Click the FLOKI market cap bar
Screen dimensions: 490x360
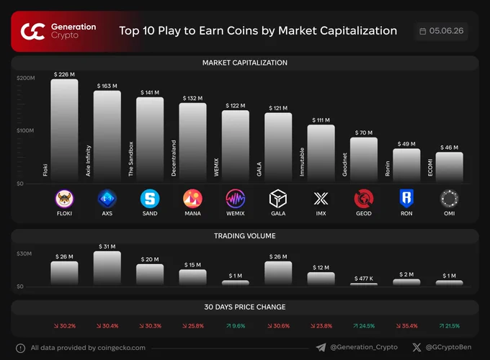(64, 130)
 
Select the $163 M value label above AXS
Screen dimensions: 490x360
(107, 86)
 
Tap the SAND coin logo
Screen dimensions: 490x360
(150, 199)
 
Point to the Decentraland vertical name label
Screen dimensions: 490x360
(174, 158)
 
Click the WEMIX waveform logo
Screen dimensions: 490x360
(236, 199)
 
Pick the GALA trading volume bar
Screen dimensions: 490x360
(278, 273)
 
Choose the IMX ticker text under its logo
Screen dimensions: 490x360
(321, 214)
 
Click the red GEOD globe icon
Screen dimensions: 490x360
(364, 199)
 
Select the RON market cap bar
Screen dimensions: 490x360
(406, 165)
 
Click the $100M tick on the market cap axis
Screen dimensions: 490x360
(25, 130)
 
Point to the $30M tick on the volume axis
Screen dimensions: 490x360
(24, 253)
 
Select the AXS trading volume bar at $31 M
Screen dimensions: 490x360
(107, 268)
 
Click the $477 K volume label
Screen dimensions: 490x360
(364, 279)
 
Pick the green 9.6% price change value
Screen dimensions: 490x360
(236, 326)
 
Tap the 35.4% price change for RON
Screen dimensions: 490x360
(407, 326)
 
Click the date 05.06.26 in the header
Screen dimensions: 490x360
(446, 31)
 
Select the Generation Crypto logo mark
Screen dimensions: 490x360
(33, 32)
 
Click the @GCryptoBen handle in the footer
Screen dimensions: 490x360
(448, 347)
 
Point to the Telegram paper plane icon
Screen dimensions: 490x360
(321, 348)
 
